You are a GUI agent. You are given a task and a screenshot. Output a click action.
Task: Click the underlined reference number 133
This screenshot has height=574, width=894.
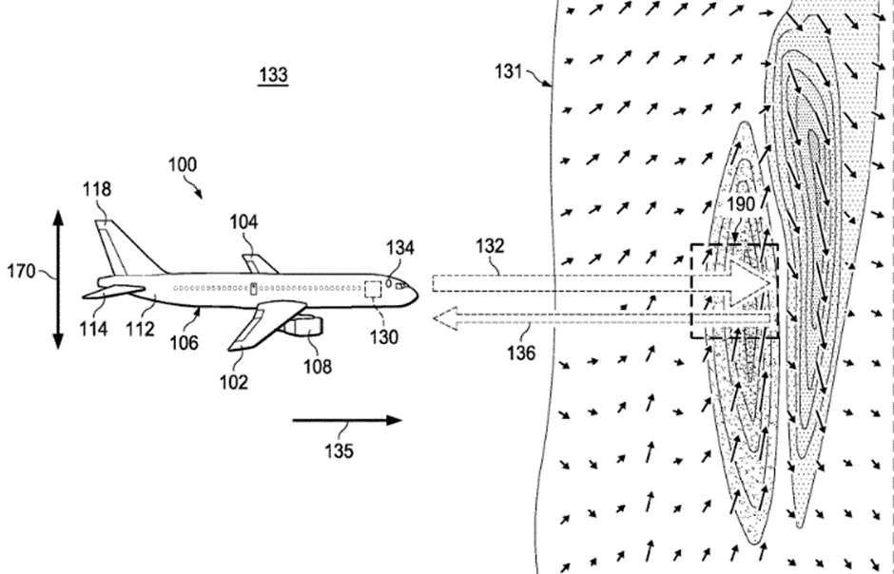[273, 75]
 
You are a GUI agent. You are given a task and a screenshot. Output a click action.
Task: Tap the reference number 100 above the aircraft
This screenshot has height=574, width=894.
[184, 163]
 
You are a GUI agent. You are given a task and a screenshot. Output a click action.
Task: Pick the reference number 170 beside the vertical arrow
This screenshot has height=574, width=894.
[22, 273]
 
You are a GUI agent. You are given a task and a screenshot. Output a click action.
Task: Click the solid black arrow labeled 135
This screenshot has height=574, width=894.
[346, 419]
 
